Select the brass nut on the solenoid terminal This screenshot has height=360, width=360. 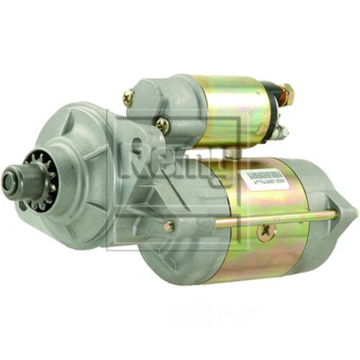pos(287,92)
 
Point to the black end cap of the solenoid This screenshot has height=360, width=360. pos(274,108)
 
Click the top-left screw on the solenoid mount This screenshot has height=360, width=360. pos(129,96)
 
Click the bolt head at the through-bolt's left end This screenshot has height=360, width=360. pos(168,227)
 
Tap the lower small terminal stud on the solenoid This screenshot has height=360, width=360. pos(282,132)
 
